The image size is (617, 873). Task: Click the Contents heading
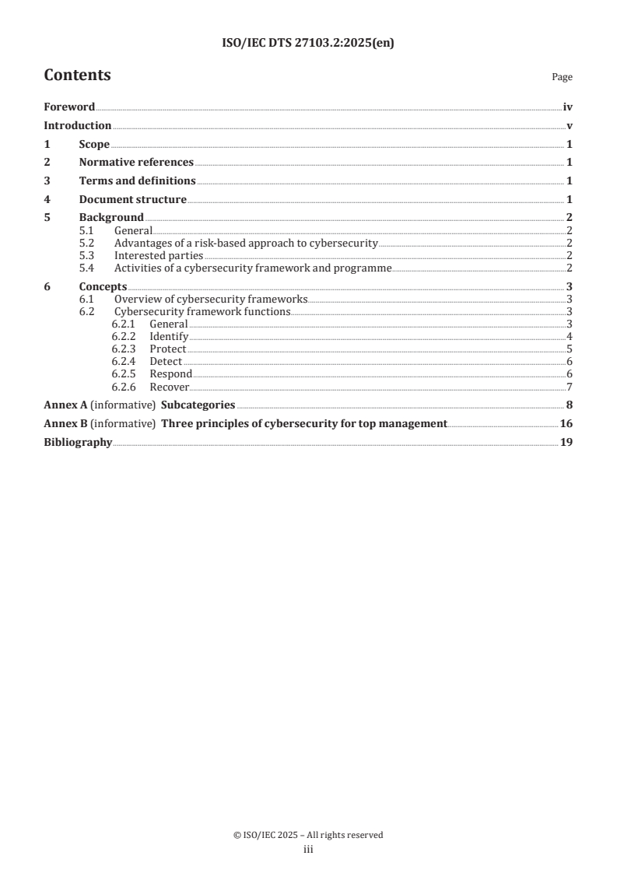(77, 75)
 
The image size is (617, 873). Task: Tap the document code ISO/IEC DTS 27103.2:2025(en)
(308, 44)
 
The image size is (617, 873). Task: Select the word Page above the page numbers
(562, 77)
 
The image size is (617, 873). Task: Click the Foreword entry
(69, 107)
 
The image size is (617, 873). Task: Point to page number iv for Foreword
(568, 107)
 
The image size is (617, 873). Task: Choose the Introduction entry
(78, 126)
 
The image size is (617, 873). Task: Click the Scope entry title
(94, 144)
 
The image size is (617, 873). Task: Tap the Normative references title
(136, 163)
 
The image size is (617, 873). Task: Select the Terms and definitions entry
(138, 181)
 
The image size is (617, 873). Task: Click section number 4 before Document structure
(47, 200)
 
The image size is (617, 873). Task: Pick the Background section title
(111, 218)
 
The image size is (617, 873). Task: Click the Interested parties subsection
(159, 255)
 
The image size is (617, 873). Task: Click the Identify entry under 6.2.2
(169, 337)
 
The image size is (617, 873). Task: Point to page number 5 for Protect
(570, 349)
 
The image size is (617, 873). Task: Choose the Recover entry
(170, 387)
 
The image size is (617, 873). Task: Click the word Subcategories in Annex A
(198, 405)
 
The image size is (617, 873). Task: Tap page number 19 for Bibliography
(566, 443)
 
